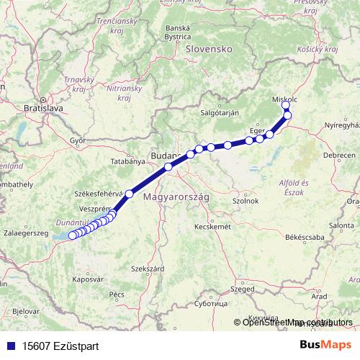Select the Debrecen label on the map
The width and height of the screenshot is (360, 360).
coord(339,155)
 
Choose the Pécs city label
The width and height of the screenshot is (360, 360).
coord(117,294)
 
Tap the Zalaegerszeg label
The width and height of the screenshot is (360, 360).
coord(25,234)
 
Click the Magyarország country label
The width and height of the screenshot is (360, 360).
coord(176,197)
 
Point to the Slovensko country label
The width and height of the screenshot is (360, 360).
coord(207,49)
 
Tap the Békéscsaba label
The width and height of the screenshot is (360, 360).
coord(305,237)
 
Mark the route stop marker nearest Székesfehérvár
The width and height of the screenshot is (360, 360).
coord(130,193)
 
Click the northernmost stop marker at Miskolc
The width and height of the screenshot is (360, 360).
coord(286,105)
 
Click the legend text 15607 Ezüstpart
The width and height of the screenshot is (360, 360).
coord(60,346)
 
